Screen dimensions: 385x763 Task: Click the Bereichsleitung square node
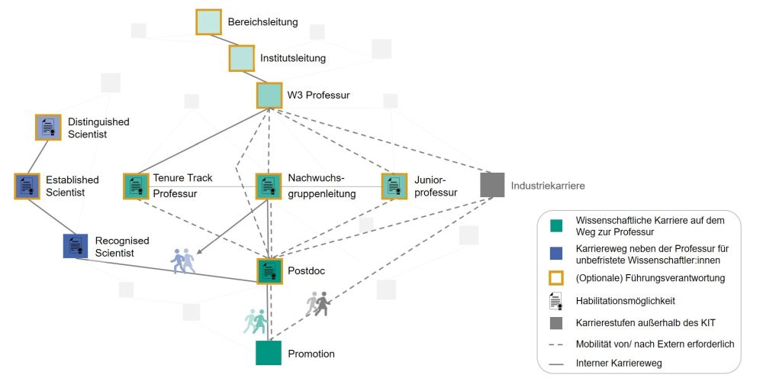coord(208,21)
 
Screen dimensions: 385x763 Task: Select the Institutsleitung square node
coord(242,58)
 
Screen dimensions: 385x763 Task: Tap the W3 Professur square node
coord(269,95)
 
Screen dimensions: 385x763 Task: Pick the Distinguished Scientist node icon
coord(48,128)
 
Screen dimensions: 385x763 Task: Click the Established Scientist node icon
coord(27,186)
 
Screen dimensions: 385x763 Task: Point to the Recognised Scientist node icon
coord(76,245)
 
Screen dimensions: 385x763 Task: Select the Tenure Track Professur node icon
coord(136,186)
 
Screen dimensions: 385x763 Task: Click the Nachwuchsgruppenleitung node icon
coord(268,186)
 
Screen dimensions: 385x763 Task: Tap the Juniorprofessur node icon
coord(394,186)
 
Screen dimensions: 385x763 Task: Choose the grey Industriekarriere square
coord(492,185)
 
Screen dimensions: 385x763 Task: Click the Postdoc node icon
coord(269,270)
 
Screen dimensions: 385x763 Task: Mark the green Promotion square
coord(269,353)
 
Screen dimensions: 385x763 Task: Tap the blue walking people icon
coord(183,261)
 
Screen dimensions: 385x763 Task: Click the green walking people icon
coord(255,321)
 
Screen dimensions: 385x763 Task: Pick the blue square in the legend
coord(556,252)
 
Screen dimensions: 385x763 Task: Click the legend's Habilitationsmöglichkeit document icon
coord(556,300)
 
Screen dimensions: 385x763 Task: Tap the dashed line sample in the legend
coord(556,345)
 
